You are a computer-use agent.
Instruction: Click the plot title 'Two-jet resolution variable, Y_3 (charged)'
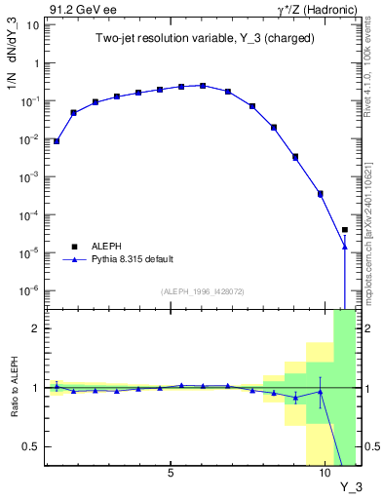[183, 38]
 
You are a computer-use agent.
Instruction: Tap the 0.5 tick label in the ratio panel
[30, 446]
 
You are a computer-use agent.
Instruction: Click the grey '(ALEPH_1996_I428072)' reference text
[203, 290]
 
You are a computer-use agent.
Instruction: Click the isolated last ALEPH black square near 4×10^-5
[345, 230]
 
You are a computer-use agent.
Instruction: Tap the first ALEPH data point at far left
[57, 141]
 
